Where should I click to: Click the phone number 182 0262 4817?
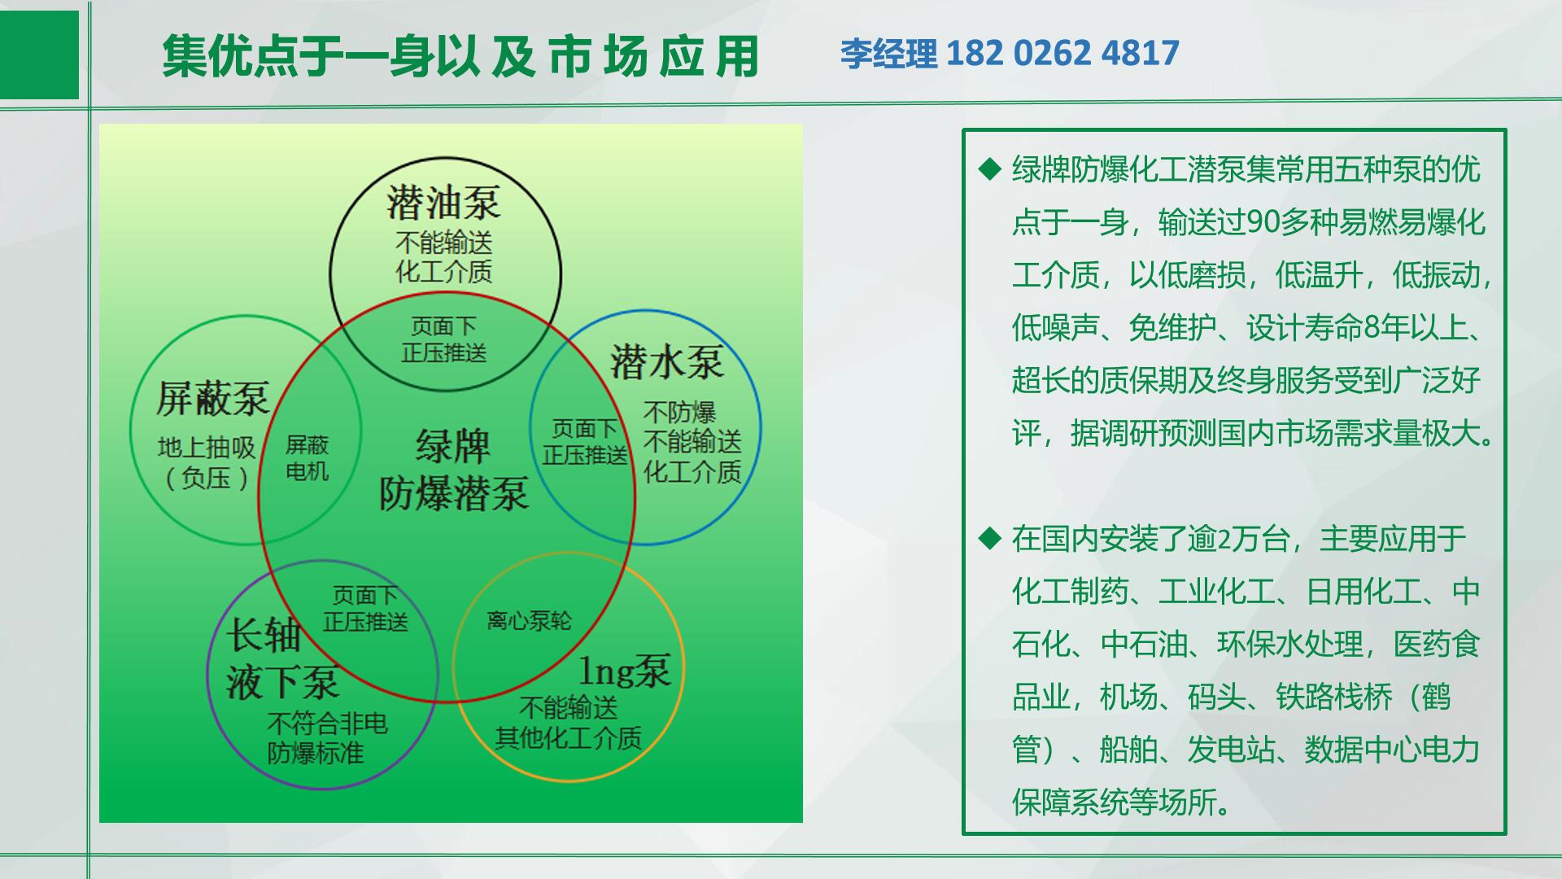tap(1062, 53)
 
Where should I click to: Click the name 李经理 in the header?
tap(889, 54)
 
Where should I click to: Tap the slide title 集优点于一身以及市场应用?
tap(460, 56)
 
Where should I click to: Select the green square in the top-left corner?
tap(39, 55)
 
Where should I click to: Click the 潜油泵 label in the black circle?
tap(444, 203)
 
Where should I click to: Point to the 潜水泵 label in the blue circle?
tap(667, 362)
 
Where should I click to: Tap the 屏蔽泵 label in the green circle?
tap(213, 398)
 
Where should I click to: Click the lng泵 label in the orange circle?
tap(625, 671)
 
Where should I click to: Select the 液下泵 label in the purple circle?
tap(281, 682)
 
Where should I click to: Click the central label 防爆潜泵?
tap(454, 493)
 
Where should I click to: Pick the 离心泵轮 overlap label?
tap(530, 621)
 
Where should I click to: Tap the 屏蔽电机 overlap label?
tap(307, 457)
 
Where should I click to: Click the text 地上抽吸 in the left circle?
tap(207, 447)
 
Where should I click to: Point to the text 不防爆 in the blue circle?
tap(679, 413)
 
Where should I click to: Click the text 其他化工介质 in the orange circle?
tap(569, 738)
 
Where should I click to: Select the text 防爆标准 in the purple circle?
tap(316, 753)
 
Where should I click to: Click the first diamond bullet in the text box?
tap(989, 169)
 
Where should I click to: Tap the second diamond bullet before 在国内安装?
tap(989, 538)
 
